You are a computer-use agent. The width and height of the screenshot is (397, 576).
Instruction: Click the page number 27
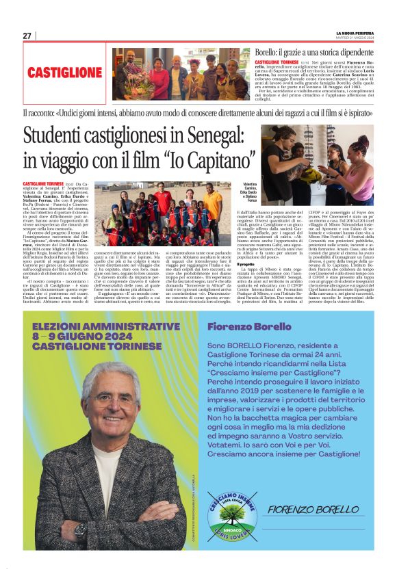[x=27, y=36]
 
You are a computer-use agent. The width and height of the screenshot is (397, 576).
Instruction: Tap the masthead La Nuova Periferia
[x=354, y=32]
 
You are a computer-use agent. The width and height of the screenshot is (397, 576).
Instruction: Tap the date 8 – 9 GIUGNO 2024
[x=99, y=338]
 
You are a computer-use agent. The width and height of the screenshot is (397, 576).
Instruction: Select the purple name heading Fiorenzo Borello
[x=244, y=326]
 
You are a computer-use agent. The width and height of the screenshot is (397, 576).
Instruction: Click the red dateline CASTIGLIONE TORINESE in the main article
[x=43, y=185]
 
